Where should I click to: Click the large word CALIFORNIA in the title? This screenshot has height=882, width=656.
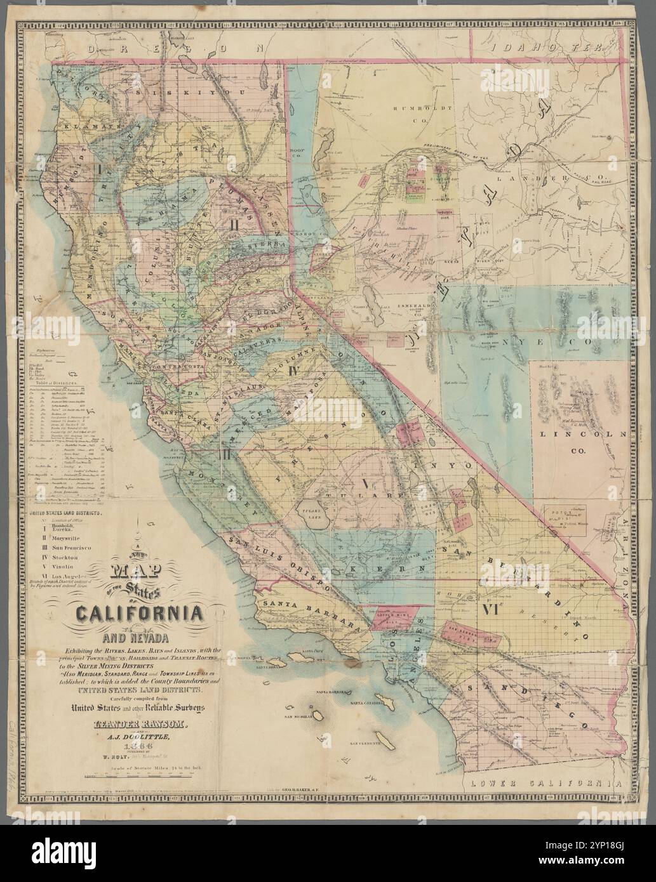click(x=140, y=614)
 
